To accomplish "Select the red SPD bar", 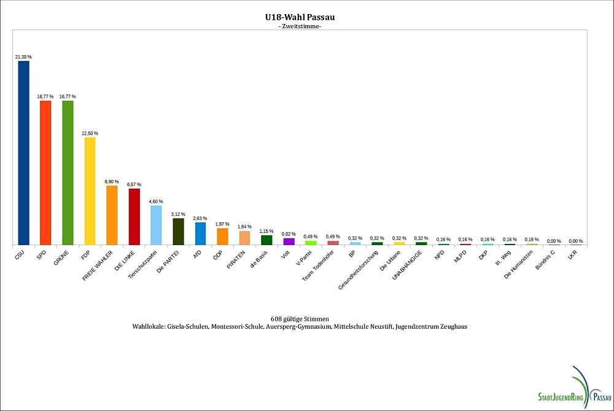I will coord(45,173).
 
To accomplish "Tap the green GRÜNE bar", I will coord(68,173).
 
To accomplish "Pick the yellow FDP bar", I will coord(90,191).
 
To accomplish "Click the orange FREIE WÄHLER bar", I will coord(112,215).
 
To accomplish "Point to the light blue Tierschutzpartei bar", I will coord(156,225).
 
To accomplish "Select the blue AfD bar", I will coord(200,233).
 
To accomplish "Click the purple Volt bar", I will coord(289,241).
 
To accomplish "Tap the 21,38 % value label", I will coord(24,56).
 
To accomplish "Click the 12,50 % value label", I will coord(90,133).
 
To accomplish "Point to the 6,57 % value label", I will coord(134,184).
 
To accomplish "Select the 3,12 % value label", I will coord(178,214).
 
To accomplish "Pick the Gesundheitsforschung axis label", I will coord(363,270).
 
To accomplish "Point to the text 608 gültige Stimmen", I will coord(300,319).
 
